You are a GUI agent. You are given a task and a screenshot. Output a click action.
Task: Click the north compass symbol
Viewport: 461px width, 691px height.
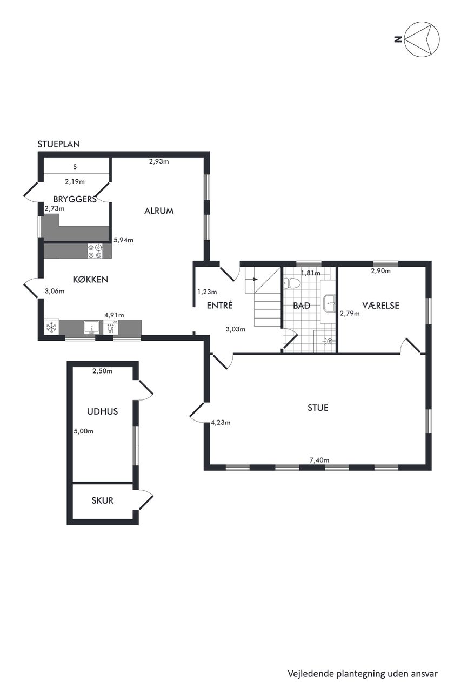pos(422,39)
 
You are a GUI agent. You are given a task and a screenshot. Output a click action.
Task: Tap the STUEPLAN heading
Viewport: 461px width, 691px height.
pos(59,144)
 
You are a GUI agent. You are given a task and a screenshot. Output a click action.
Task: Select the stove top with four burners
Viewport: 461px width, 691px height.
pos(95,251)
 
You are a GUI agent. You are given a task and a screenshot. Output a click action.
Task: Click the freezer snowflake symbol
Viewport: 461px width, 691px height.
pos(50,328)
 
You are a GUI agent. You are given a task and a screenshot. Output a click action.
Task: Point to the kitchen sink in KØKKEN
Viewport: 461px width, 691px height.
pos(91,327)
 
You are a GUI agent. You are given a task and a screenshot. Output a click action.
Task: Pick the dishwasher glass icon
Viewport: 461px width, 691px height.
pos(110,328)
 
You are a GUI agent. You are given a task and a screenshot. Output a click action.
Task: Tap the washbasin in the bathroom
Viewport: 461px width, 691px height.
pos(330,303)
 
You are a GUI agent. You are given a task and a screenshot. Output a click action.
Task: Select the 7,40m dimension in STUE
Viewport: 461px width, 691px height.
pos(319,460)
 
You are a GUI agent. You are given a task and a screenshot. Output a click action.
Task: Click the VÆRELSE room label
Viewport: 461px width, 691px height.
pos(380,306)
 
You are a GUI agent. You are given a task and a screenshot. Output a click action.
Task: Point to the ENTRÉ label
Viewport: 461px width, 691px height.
pos(219,306)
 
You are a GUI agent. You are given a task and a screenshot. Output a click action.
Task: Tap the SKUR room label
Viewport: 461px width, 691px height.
pos(103,500)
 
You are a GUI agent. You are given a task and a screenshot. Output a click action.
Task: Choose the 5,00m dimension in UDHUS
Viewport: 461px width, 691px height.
pos(83,431)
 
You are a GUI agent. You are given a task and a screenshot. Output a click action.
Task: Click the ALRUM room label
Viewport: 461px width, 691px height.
pos(159,211)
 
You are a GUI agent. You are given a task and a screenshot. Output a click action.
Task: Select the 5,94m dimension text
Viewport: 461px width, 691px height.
pos(124,240)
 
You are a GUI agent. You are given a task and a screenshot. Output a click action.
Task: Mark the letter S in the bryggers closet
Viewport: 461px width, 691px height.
pos(75,167)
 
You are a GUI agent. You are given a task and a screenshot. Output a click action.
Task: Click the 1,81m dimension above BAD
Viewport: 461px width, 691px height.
pos(311,273)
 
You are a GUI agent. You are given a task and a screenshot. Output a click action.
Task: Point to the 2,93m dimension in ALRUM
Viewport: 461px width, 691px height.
pos(159,161)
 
